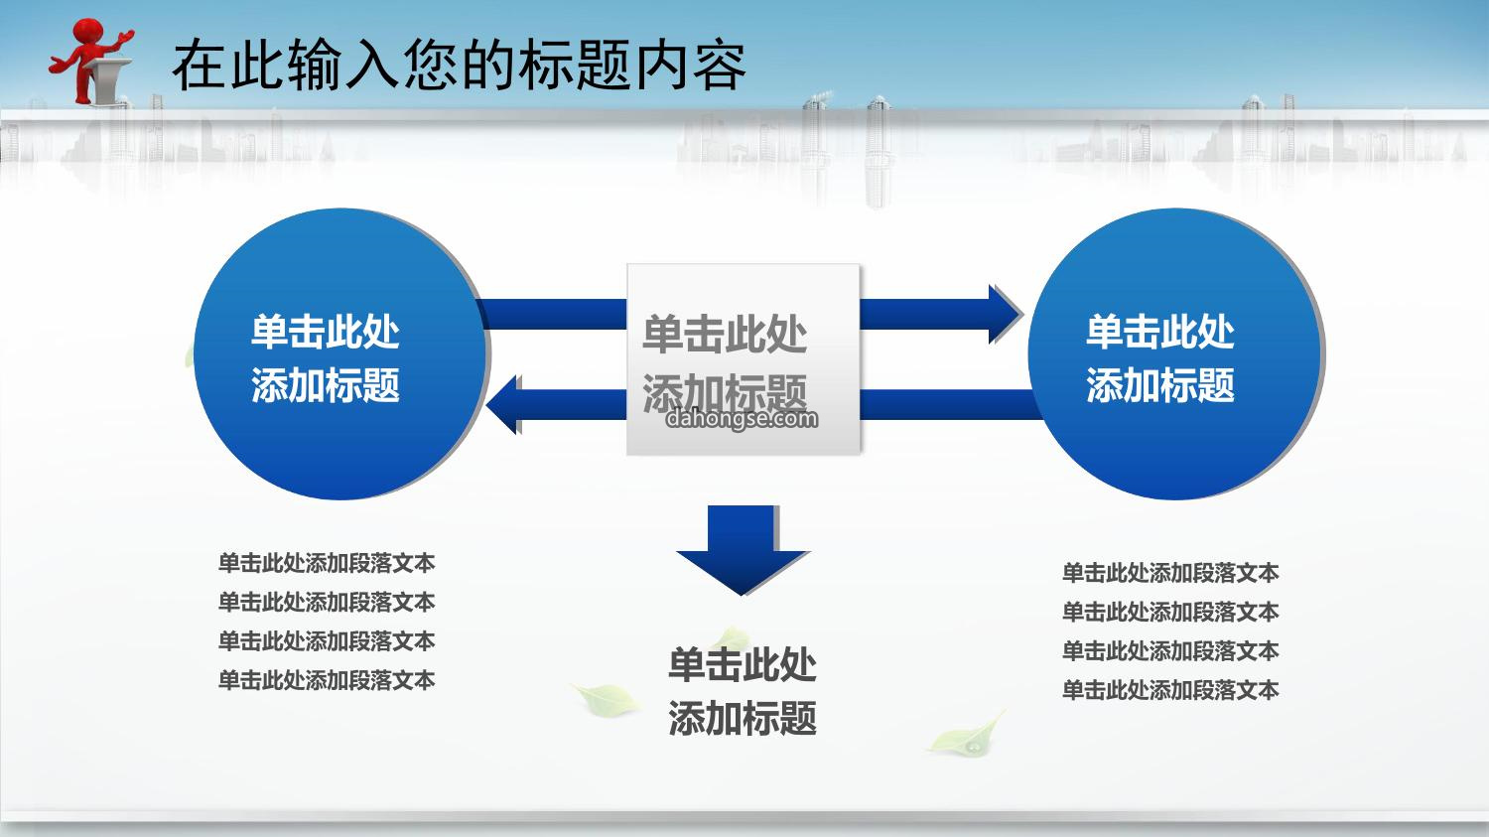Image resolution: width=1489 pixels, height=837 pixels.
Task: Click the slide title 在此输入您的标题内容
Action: [460, 66]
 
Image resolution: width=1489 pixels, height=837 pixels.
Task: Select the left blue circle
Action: [340, 353]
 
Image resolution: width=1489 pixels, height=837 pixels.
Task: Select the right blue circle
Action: [1175, 353]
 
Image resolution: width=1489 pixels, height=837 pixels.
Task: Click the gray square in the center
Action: [744, 359]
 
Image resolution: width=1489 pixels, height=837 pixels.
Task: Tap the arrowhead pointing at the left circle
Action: [504, 404]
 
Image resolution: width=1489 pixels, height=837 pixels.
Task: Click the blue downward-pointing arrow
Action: [742, 550]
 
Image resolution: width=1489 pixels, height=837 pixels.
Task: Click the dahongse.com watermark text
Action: [742, 419]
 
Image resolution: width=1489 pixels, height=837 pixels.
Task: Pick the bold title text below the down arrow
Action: [743, 691]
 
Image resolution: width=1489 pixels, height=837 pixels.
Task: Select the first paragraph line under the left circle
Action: [327, 563]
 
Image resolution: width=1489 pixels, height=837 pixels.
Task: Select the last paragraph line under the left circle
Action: [327, 680]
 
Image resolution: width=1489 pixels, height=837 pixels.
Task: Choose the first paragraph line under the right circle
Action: [1170, 573]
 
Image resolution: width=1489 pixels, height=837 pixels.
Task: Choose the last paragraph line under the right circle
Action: [1170, 690]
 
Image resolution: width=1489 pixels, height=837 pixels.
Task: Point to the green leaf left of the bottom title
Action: [605, 699]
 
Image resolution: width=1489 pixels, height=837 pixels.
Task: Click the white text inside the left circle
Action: [325, 359]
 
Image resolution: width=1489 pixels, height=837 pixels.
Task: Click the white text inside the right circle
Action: [1160, 359]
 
